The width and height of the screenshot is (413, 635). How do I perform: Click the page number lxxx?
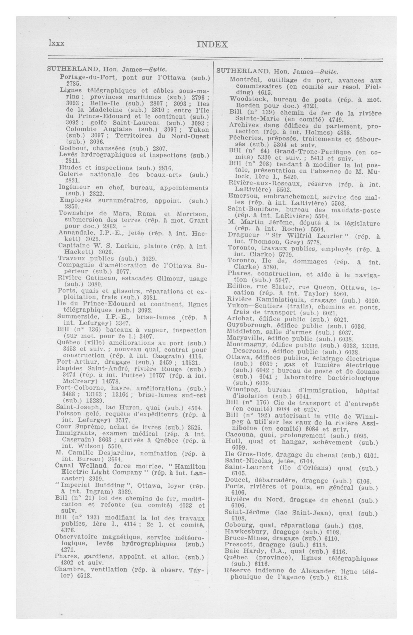(56, 43)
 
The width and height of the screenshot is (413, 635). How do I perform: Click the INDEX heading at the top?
(212, 45)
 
